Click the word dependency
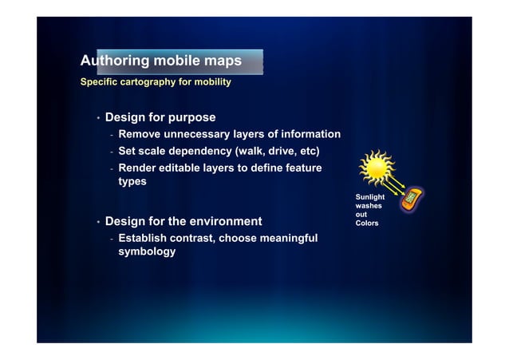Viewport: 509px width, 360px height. [203, 151]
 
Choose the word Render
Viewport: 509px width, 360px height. [138, 168]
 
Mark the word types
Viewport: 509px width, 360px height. [132, 182]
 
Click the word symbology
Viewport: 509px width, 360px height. [147, 252]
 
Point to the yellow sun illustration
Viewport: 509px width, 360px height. [376, 168]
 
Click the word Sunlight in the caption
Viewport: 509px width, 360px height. [370, 196]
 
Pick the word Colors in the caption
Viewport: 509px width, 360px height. [367, 224]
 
